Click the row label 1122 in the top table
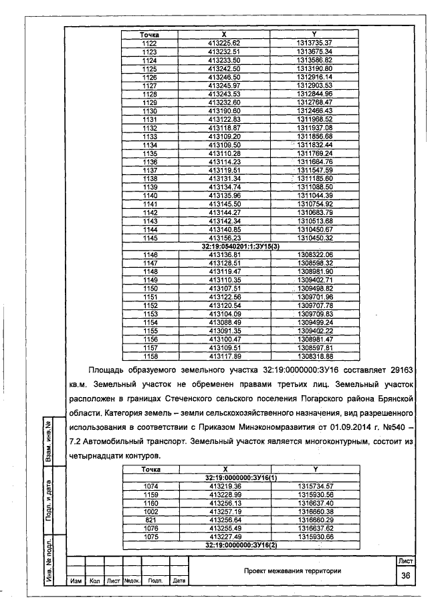(149, 43)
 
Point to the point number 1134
(149, 145)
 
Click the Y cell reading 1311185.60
(314, 179)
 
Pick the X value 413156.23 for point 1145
(224, 238)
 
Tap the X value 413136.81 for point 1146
(224, 255)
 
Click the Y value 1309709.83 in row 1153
(314, 314)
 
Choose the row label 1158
(149, 357)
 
